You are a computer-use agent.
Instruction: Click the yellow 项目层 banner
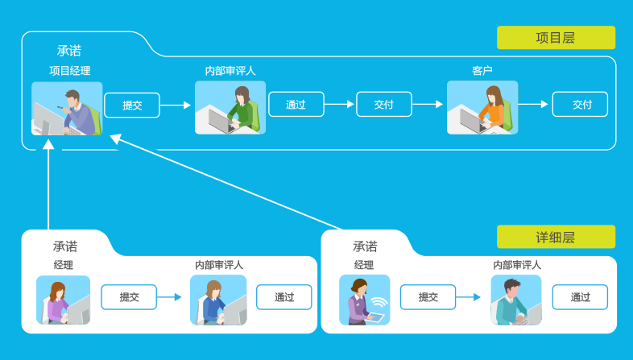pos(556,38)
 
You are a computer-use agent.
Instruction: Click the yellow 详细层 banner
pos(556,237)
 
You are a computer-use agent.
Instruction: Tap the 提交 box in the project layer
pos(132,105)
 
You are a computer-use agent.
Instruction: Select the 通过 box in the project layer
pos(296,105)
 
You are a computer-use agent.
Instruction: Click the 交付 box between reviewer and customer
pos(384,105)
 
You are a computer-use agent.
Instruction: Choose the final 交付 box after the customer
pos(580,105)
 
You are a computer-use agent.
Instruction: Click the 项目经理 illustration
pos(68,108)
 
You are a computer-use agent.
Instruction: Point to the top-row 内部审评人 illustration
pos(230,108)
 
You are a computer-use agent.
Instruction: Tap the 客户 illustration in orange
pos(482,108)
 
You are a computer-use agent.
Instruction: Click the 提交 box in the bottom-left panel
pos(129,297)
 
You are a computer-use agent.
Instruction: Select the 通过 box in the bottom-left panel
pos(284,297)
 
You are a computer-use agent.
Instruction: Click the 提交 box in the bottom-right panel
pos(428,297)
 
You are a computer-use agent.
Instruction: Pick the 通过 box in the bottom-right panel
pos(580,297)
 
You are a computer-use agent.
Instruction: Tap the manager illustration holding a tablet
pos(364,300)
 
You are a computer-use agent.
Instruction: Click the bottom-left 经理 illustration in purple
pos(63,300)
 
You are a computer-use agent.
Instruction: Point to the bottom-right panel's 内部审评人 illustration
pos(516,300)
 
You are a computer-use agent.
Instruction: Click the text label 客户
pos(482,71)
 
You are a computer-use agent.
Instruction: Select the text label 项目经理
pos(69,71)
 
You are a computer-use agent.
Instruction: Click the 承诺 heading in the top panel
pos(69,51)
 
